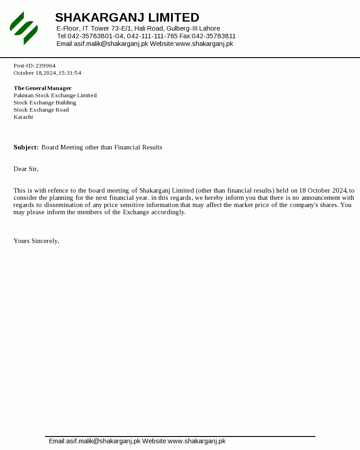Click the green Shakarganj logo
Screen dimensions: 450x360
tap(24, 28)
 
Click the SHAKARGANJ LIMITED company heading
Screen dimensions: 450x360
tap(127, 18)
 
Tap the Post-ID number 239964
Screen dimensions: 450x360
tap(45, 66)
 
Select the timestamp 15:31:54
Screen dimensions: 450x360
tap(70, 73)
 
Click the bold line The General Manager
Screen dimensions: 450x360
tap(43, 88)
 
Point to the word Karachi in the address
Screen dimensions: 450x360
tap(23, 117)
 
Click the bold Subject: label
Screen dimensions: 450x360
tap(26, 148)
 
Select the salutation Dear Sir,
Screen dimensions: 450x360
tap(26, 169)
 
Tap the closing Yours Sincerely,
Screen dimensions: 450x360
tap(36, 241)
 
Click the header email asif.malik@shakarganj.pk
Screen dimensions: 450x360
tap(111, 44)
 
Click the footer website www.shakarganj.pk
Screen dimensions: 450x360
tap(197, 441)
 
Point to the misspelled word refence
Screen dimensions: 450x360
tap(58, 191)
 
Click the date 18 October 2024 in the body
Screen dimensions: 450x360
tap(323, 191)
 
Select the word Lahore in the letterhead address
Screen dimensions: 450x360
tap(209, 28)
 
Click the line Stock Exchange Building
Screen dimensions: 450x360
tap(45, 103)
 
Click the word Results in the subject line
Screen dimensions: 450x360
tap(152, 148)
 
